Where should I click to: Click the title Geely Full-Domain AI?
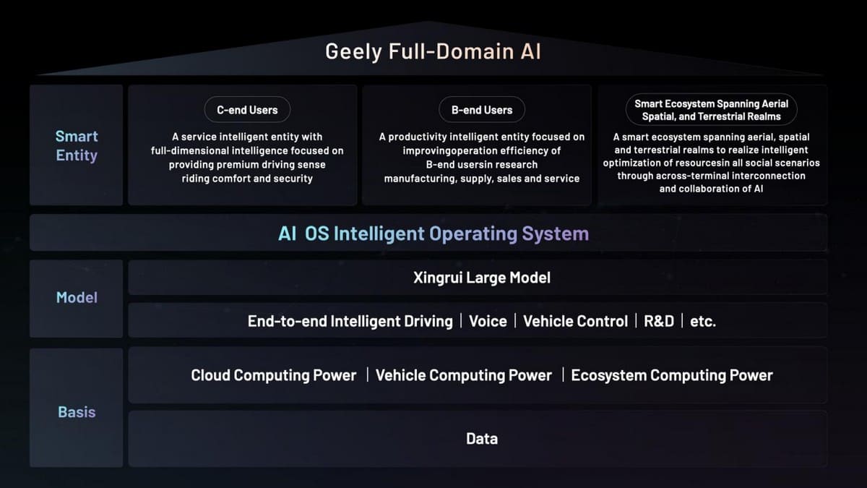[x=433, y=52]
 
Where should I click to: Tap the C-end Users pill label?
[x=247, y=110]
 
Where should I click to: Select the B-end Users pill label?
[x=482, y=110]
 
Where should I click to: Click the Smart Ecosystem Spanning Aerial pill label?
[x=711, y=110]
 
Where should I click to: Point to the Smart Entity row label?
[x=76, y=145]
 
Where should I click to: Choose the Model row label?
[x=76, y=297]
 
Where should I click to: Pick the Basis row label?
[x=76, y=412]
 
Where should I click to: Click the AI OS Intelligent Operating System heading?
[x=433, y=234]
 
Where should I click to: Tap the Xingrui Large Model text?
[x=481, y=278]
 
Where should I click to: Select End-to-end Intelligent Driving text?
[x=350, y=321]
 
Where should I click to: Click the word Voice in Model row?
[x=488, y=321]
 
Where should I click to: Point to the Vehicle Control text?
[x=575, y=321]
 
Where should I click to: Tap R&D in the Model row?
[x=658, y=321]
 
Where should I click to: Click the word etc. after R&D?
[x=702, y=321]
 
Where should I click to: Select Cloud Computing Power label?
[x=273, y=375]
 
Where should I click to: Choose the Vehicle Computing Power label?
[x=463, y=375]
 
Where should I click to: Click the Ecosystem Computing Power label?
[x=671, y=375]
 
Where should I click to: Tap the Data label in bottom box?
[x=481, y=438]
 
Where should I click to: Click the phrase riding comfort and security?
[x=247, y=178]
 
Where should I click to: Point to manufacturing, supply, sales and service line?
[x=481, y=178]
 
